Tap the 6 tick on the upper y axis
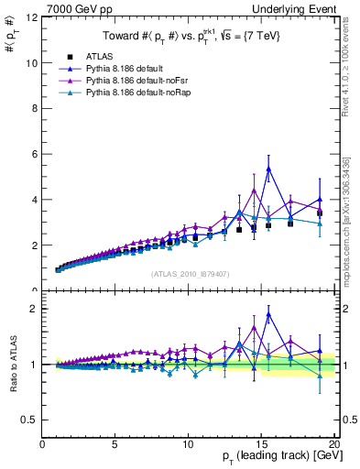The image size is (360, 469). (34, 154)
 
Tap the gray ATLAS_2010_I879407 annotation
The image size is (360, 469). (190, 273)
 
